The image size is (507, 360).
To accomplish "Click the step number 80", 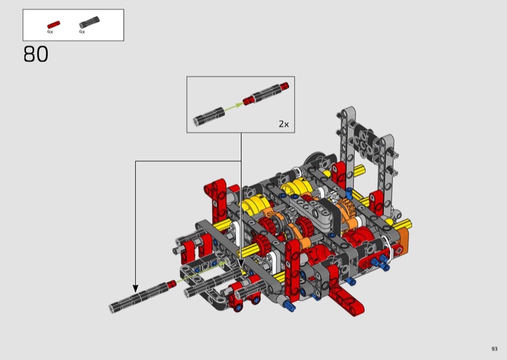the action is click(x=35, y=54).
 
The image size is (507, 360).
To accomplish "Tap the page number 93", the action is click(x=494, y=349).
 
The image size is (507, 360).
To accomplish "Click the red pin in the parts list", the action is click(x=53, y=25).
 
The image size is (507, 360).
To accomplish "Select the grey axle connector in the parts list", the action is click(x=89, y=22).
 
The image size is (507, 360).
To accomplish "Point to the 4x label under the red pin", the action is click(x=50, y=32).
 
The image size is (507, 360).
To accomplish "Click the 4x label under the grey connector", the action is click(x=82, y=32).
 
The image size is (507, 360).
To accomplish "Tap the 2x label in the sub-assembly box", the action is click(x=283, y=124).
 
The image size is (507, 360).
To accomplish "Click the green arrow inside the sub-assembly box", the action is click(x=233, y=107).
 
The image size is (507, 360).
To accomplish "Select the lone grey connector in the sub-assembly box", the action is click(x=209, y=117).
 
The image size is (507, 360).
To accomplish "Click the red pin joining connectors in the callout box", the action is click(x=248, y=101).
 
